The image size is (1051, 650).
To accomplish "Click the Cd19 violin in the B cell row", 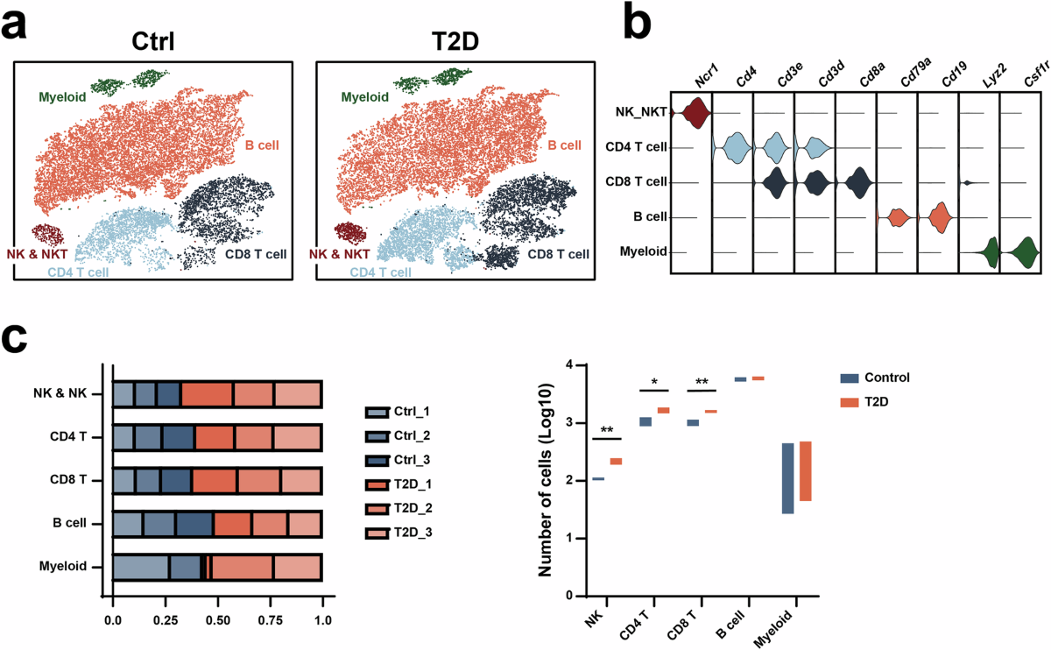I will point(940,217).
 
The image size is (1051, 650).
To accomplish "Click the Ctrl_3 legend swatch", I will point(377,459).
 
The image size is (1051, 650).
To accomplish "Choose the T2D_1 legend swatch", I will point(377,484).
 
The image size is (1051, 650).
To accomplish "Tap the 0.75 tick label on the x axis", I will point(271,621).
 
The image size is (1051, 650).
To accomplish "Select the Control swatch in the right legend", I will point(848,378).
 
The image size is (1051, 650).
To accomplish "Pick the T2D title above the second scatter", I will point(455,42).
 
